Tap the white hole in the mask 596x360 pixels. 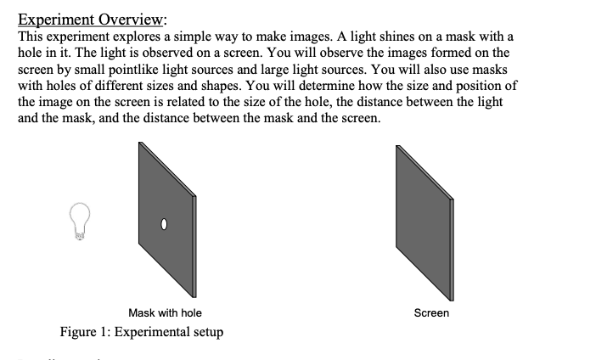coord(166,225)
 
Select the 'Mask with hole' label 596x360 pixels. coord(165,313)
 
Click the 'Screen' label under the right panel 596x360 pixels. coord(431,313)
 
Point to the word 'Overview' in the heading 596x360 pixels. coord(132,20)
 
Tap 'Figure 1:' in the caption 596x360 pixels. coord(84,332)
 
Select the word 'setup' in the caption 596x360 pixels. coord(207,332)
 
